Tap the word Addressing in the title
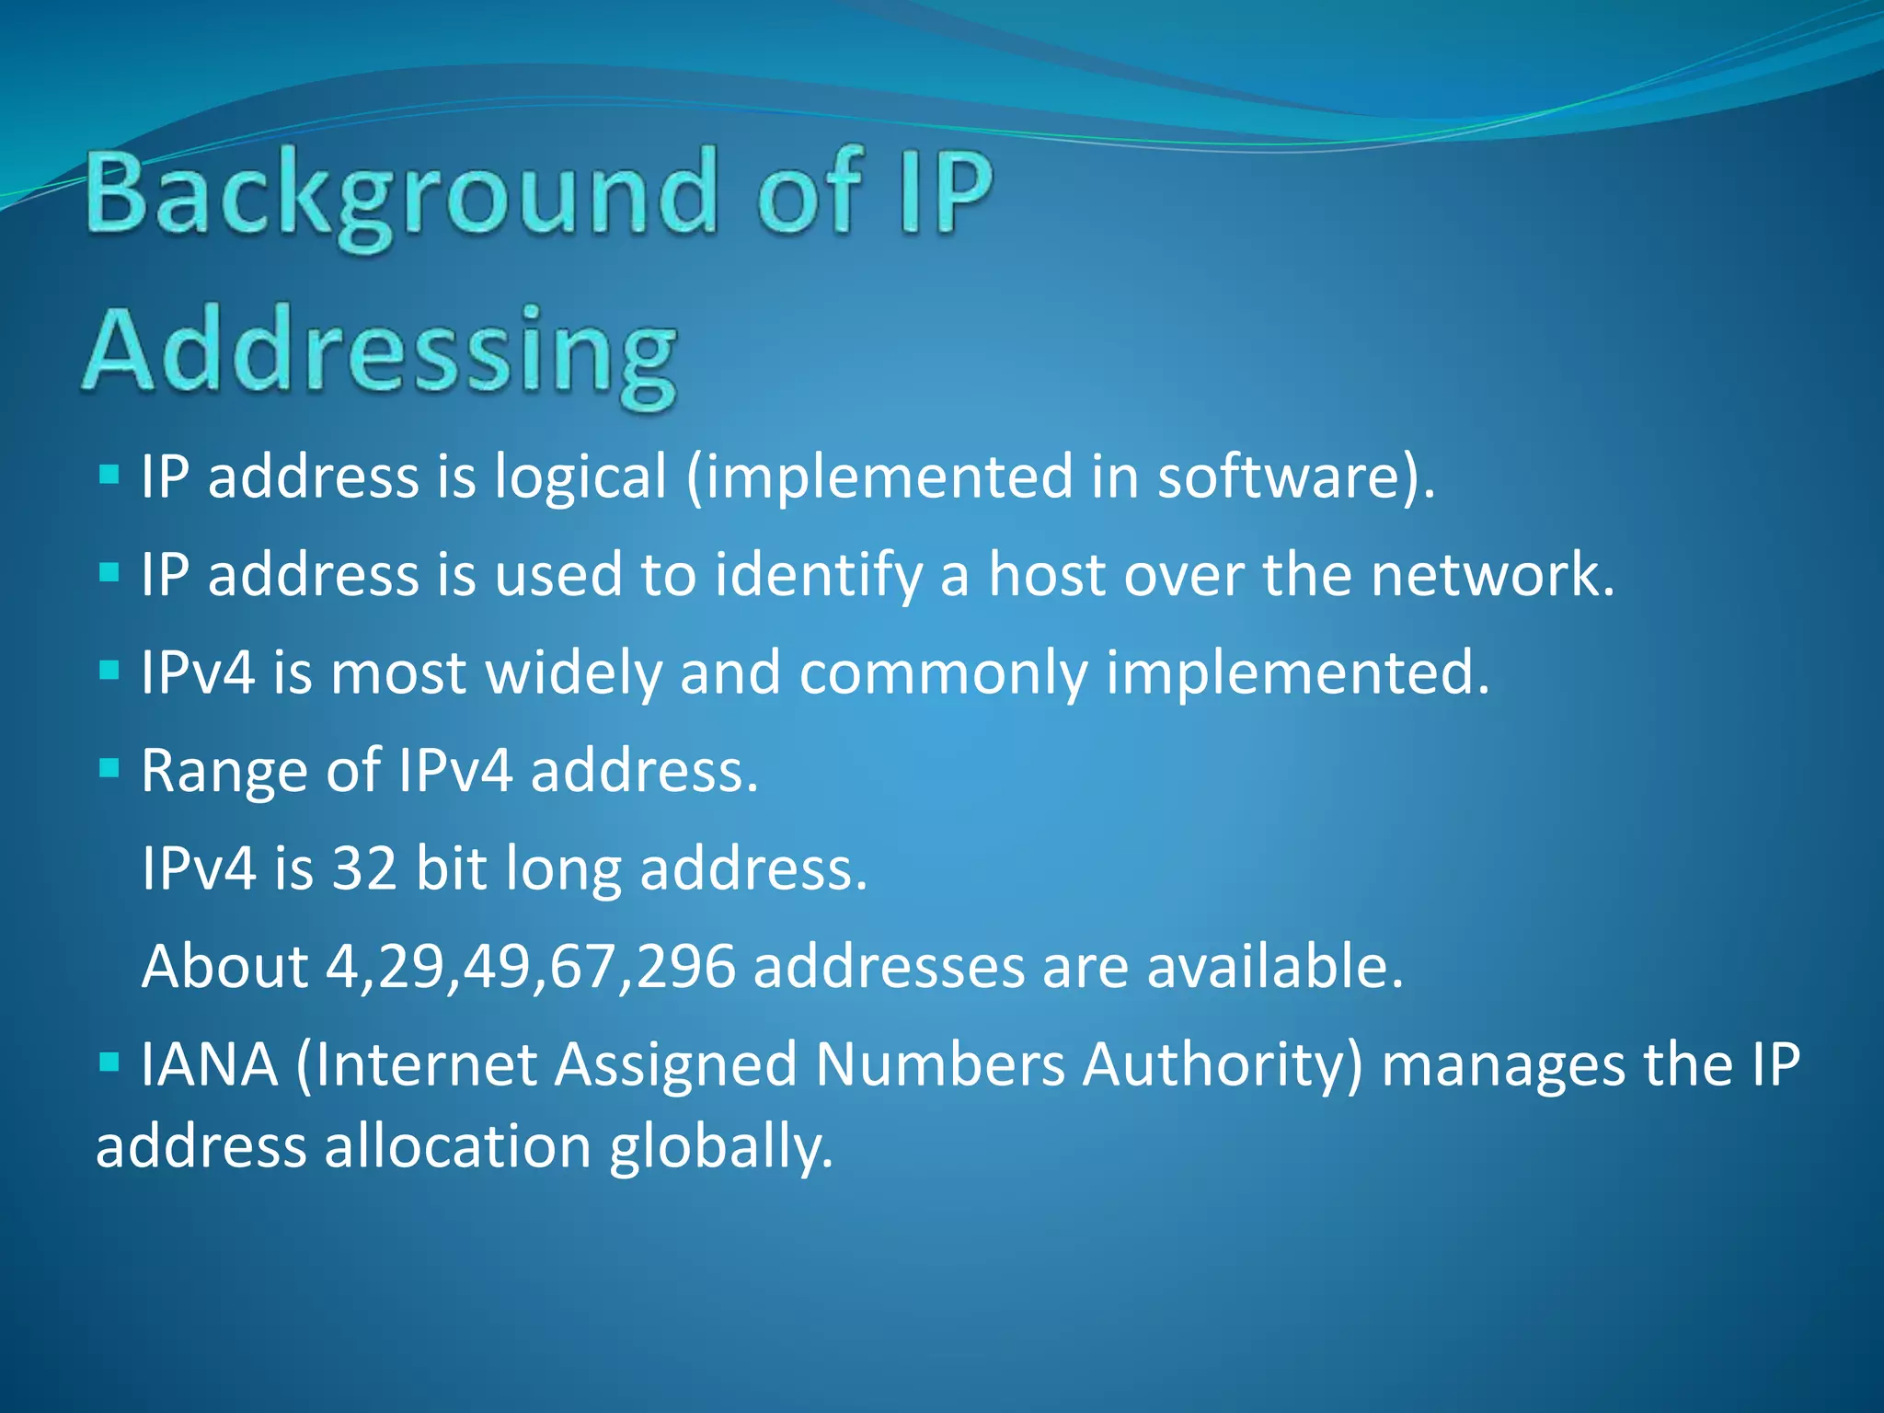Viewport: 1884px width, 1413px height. (x=380, y=353)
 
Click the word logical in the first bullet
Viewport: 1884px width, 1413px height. (x=580, y=478)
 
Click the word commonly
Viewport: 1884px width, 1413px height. (x=943, y=673)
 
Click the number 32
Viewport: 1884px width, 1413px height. (x=364, y=868)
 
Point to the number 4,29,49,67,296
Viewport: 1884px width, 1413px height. (x=531, y=967)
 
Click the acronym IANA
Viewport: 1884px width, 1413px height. (x=210, y=1065)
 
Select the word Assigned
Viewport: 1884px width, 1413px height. (x=675, y=1065)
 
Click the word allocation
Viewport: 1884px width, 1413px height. (x=457, y=1147)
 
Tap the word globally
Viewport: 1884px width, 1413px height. (x=720, y=1147)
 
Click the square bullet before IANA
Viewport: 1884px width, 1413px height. (x=109, y=1063)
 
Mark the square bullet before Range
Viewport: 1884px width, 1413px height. (x=109, y=768)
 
